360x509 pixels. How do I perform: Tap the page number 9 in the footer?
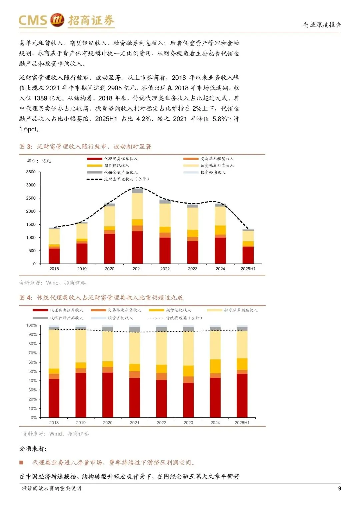click(340, 488)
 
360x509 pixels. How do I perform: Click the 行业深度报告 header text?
click(322, 25)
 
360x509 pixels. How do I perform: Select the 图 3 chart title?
click(85, 147)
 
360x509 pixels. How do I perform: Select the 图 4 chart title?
click(101, 297)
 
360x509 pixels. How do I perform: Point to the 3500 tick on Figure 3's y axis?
click(31, 172)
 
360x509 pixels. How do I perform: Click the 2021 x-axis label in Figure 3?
click(137, 269)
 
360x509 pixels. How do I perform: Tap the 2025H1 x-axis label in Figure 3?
click(248, 269)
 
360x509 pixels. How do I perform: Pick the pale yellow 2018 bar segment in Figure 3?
click(54, 237)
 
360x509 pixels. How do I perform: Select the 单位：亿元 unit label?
click(39, 161)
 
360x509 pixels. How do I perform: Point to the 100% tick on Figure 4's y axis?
click(32, 325)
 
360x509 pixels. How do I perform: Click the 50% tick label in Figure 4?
click(33, 371)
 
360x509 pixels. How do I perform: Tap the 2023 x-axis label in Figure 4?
click(188, 423)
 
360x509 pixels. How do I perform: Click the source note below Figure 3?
click(52, 283)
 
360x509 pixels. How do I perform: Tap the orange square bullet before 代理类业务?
click(21, 462)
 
